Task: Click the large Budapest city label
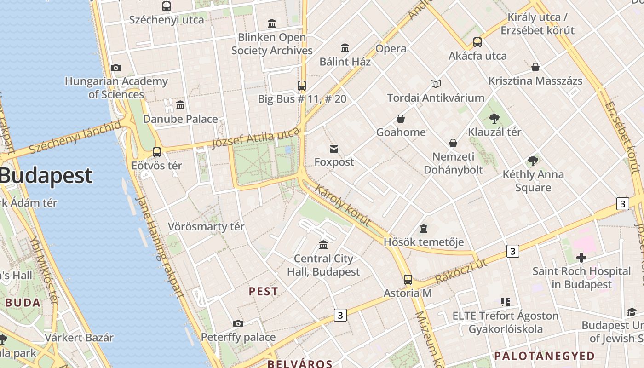[46, 176]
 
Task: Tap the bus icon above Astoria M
[408, 279]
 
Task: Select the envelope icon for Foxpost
[334, 149]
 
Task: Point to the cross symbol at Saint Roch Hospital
[581, 257]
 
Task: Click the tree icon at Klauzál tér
[494, 119]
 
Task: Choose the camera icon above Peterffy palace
[238, 323]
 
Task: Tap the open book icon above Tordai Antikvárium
[435, 84]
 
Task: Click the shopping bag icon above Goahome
[401, 119]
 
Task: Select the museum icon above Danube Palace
[180, 105]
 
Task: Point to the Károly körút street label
[343, 205]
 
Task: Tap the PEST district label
[263, 291]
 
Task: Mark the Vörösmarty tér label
[206, 227]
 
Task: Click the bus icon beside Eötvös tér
[157, 152]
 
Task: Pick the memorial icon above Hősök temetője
[423, 228]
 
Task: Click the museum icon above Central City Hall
[323, 245]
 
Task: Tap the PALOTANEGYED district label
[544, 356]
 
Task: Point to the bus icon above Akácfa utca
[477, 42]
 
